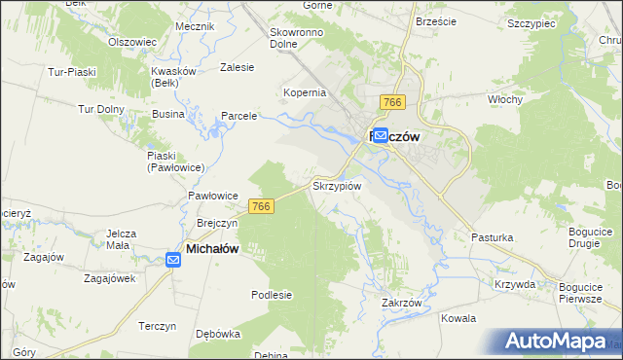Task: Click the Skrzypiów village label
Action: pyautogui.click(x=337, y=186)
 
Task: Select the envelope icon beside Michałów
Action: pyautogui.click(x=171, y=258)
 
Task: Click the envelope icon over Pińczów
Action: pyautogui.click(x=380, y=136)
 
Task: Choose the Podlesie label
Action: pyautogui.click(x=272, y=295)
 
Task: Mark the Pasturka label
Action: pyautogui.click(x=492, y=237)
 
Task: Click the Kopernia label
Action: pyautogui.click(x=304, y=92)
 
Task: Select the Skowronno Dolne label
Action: pyautogui.click(x=296, y=38)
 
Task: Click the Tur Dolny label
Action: pyautogui.click(x=99, y=109)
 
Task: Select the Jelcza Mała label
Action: pyautogui.click(x=125, y=239)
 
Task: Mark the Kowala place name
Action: pyautogui.click(x=458, y=318)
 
